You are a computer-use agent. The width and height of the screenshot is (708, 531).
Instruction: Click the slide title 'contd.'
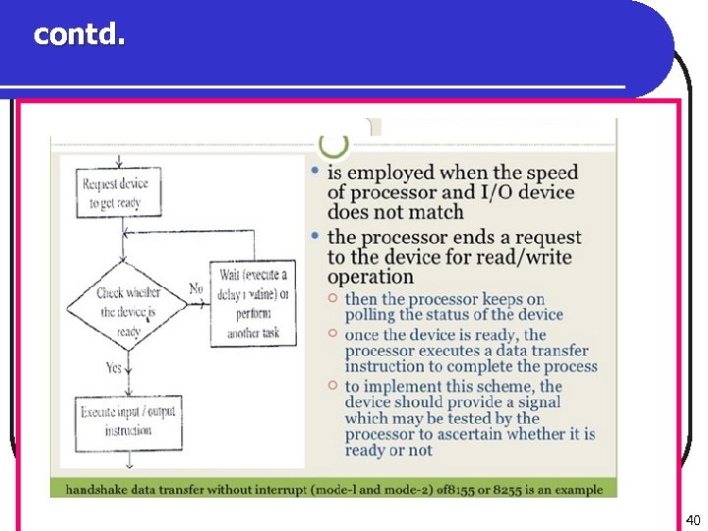pyautogui.click(x=80, y=34)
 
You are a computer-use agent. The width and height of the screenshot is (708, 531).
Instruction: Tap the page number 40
pyautogui.click(x=692, y=520)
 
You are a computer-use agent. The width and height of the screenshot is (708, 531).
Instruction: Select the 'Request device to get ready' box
pyautogui.click(x=115, y=194)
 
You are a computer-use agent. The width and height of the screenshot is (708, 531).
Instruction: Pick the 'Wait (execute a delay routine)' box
pyautogui.click(x=254, y=303)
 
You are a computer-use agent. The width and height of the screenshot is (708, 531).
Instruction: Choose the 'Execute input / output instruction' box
pyautogui.click(x=128, y=421)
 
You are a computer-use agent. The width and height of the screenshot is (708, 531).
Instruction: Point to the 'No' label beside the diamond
pyautogui.click(x=196, y=289)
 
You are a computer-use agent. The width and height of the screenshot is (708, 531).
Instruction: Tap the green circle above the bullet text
pyautogui.click(x=334, y=145)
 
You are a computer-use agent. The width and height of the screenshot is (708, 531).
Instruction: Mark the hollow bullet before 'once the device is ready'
pyautogui.click(x=333, y=334)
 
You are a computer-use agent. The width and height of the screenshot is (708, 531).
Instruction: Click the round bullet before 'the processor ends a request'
pyautogui.click(x=315, y=237)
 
